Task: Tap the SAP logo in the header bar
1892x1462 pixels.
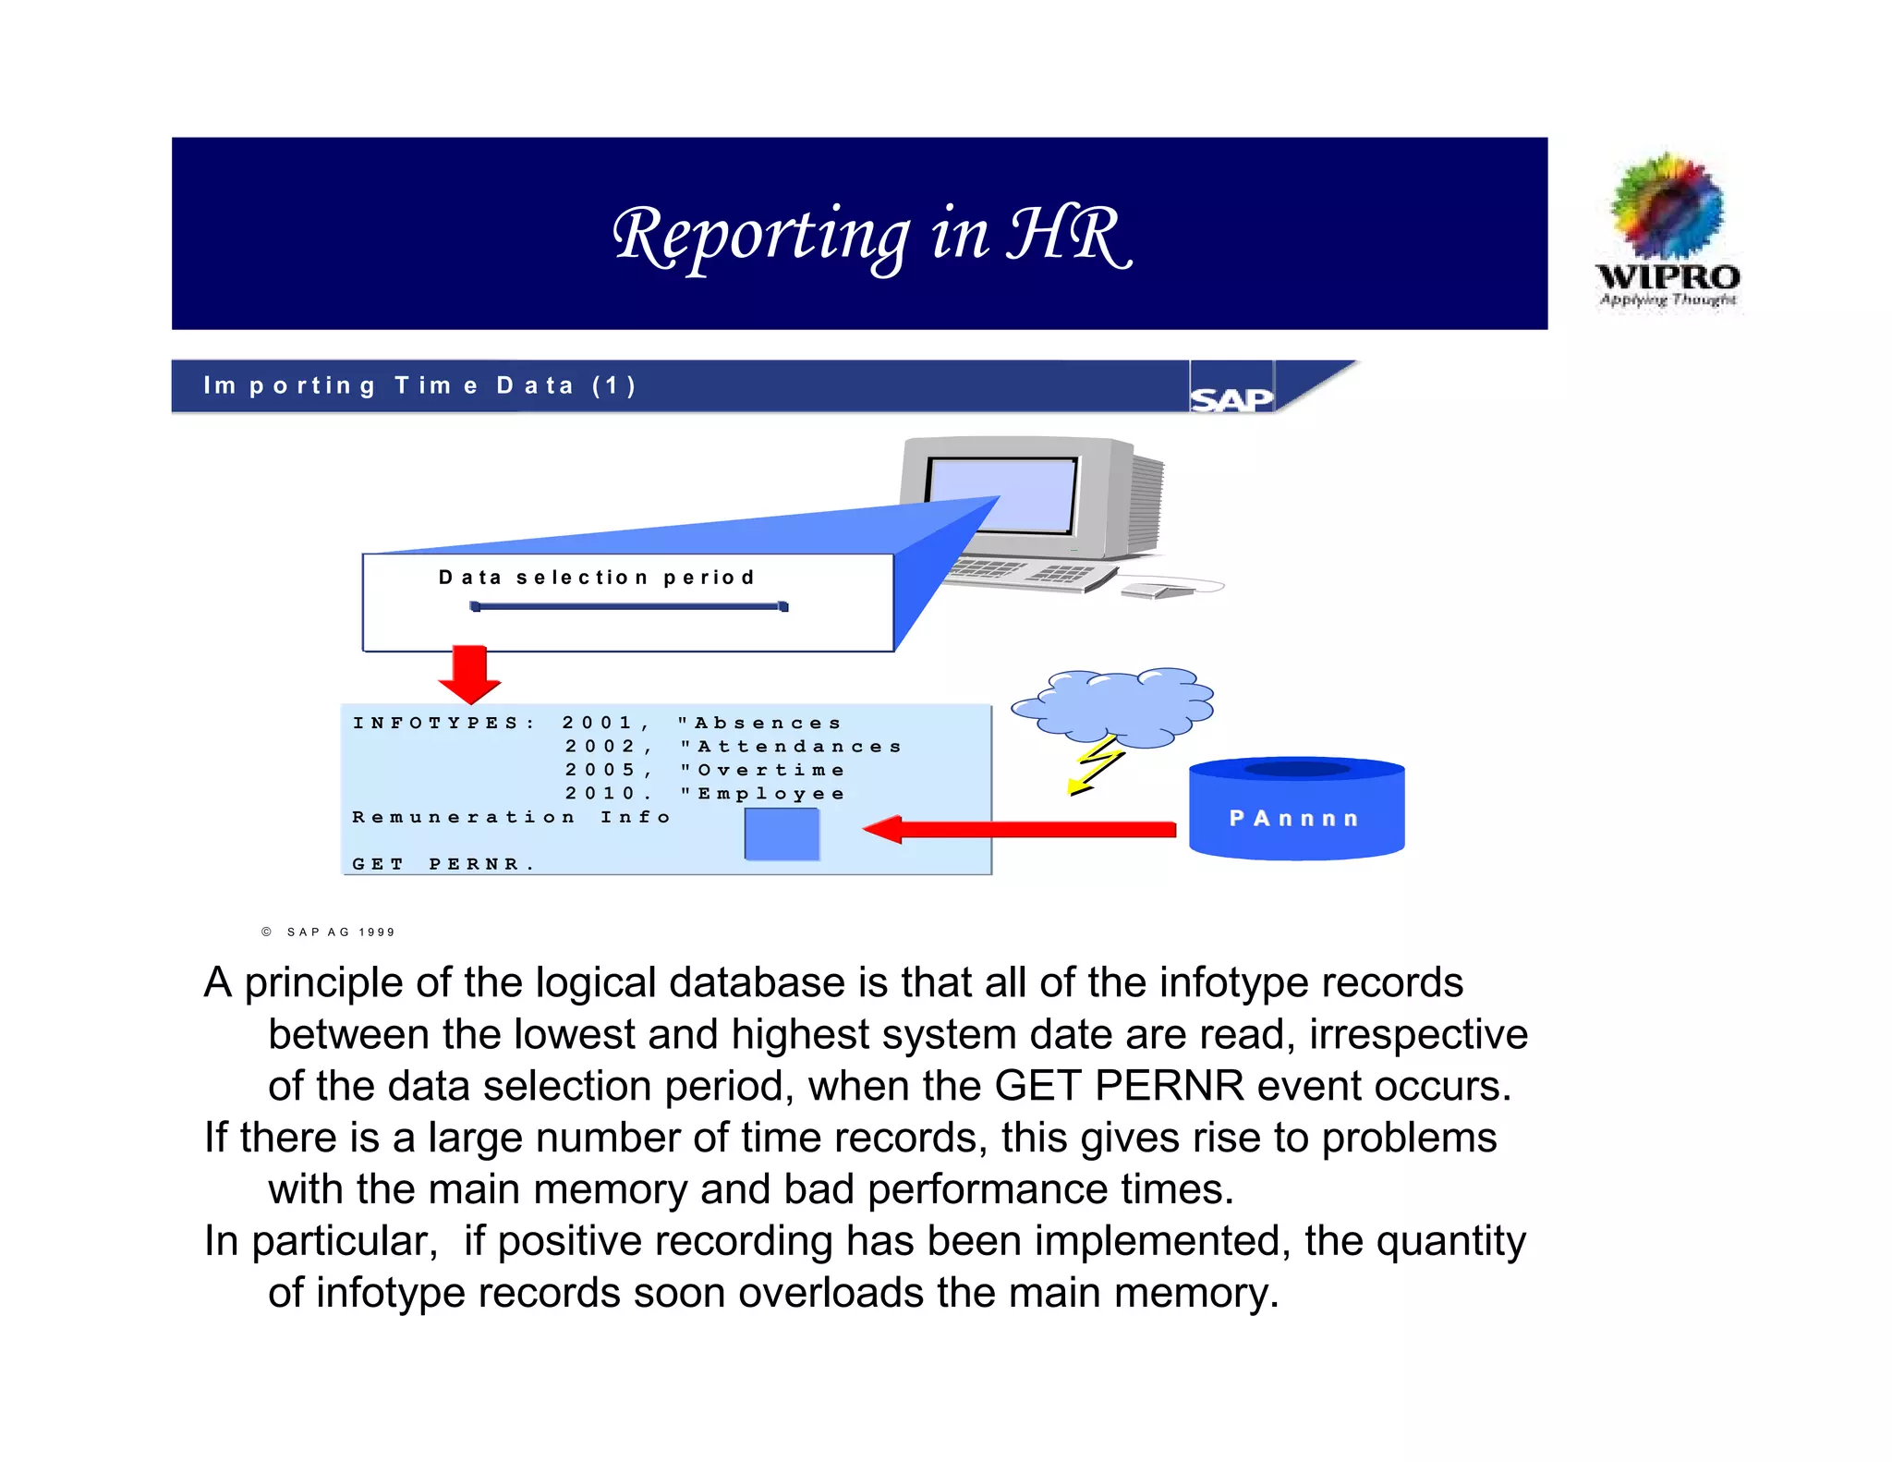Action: click(x=1231, y=398)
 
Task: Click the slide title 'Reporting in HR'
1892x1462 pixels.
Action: click(x=871, y=235)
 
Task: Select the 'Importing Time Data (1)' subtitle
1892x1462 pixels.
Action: click(x=419, y=385)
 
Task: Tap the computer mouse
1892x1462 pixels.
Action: click(x=1155, y=590)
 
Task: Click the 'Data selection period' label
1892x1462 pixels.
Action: click(x=597, y=578)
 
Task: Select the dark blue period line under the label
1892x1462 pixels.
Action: click(x=629, y=607)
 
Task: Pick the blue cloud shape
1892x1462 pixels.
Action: click(x=1113, y=707)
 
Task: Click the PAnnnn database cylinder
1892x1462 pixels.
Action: click(x=1296, y=810)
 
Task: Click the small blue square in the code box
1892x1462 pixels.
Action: click(x=782, y=834)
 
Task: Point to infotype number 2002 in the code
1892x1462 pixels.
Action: click(x=600, y=747)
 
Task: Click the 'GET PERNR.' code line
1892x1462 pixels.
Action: click(x=443, y=864)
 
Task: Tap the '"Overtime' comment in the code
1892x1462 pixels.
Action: click(x=763, y=770)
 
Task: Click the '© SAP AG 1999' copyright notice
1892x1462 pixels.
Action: click(x=329, y=932)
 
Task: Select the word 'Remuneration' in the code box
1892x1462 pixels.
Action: click(x=463, y=817)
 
